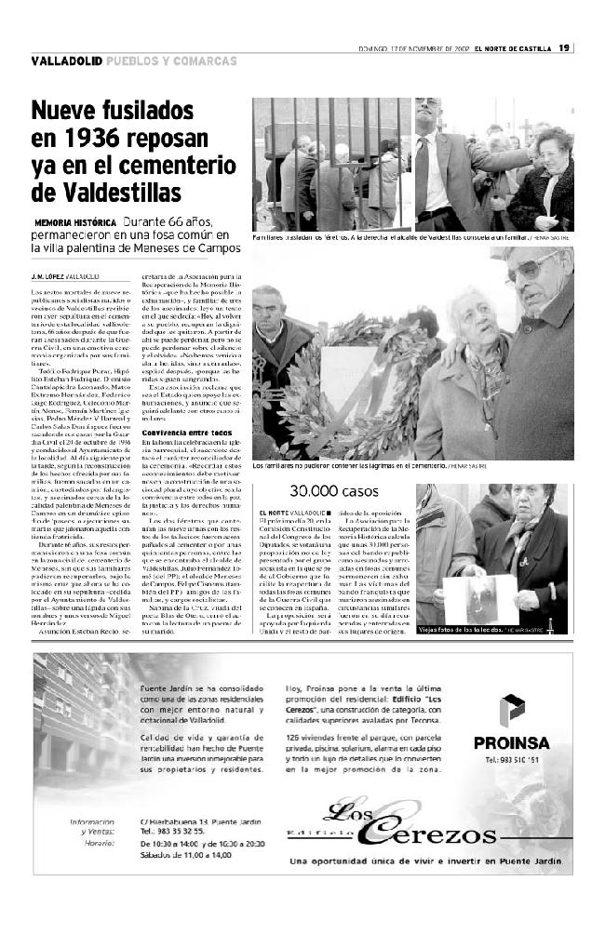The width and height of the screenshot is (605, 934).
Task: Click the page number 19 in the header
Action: tap(565, 48)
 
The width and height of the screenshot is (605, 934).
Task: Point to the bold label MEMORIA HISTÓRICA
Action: tap(75, 223)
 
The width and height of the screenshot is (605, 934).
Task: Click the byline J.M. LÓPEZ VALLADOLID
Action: tap(65, 277)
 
